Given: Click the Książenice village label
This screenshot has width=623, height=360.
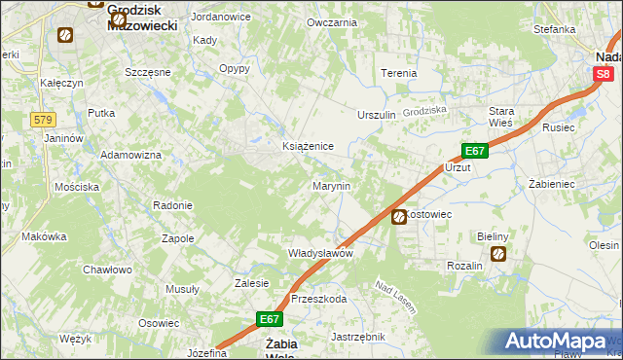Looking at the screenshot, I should (x=308, y=146).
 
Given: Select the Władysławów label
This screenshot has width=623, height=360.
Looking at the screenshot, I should (x=319, y=252).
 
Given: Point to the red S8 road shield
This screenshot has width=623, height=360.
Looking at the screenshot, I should (x=605, y=73).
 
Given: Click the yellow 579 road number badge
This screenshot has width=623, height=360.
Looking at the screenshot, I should (x=42, y=120).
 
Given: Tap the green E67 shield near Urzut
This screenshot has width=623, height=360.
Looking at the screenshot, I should (x=474, y=151).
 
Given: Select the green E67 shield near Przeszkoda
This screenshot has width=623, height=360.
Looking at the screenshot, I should (x=271, y=318).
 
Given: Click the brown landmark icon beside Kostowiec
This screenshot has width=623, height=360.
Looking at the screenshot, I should (x=399, y=218).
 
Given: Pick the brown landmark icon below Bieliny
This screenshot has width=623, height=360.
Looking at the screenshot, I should (x=498, y=255).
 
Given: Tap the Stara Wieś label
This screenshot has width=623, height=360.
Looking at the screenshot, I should (x=501, y=117).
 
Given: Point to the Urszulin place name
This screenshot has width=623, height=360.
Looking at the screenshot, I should (x=377, y=115).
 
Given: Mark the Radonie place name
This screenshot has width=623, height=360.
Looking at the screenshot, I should (x=172, y=205).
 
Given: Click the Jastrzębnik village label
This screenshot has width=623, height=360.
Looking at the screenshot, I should (x=358, y=337).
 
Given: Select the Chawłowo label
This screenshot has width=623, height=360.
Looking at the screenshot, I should (x=106, y=270).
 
